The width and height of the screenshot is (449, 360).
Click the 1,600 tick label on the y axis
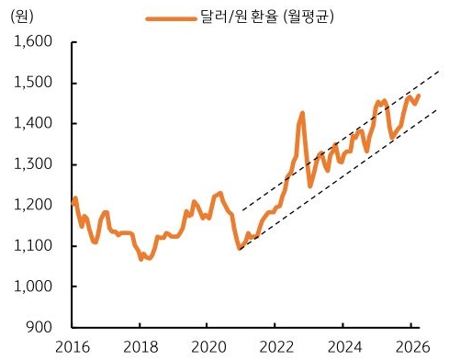(33, 42)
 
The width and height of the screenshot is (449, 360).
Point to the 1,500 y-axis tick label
(33, 83)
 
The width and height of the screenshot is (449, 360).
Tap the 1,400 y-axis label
(33, 123)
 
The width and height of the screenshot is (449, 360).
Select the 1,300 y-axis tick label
(33, 164)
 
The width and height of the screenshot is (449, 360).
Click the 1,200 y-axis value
(33, 205)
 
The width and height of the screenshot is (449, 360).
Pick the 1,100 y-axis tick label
(33, 245)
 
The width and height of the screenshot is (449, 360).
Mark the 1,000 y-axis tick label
(33, 287)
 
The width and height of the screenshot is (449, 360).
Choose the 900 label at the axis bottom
(39, 327)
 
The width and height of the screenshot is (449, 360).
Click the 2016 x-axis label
(73, 347)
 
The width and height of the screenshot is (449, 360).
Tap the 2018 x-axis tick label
(140, 347)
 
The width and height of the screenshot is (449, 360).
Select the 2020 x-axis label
(208, 347)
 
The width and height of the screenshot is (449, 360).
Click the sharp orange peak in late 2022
(302, 114)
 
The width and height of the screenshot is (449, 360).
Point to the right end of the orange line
(420, 96)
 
